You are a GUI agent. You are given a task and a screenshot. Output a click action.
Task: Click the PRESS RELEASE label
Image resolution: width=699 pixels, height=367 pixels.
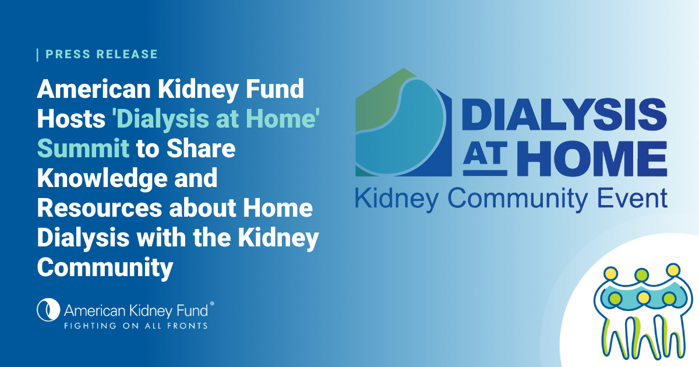coord(101,54)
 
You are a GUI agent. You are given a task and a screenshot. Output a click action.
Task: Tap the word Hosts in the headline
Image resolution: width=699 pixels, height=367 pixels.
coord(71,119)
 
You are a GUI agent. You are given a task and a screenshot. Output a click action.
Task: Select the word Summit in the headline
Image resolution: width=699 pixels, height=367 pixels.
coord(83,149)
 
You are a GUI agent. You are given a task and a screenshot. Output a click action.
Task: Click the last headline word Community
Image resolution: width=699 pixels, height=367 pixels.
coord(105,268)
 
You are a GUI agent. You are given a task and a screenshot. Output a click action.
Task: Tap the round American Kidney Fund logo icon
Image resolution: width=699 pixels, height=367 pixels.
coord(48,310)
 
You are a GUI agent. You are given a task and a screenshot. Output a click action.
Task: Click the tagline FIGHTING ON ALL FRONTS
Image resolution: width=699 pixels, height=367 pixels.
coord(135,326)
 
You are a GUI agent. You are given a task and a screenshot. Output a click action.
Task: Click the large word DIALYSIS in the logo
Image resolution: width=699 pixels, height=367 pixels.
coord(564,113)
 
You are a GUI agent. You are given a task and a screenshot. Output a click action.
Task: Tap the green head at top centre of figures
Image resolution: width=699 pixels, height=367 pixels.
coord(642,274)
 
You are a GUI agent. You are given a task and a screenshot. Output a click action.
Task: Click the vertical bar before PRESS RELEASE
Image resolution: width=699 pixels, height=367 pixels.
coord(38,54)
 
